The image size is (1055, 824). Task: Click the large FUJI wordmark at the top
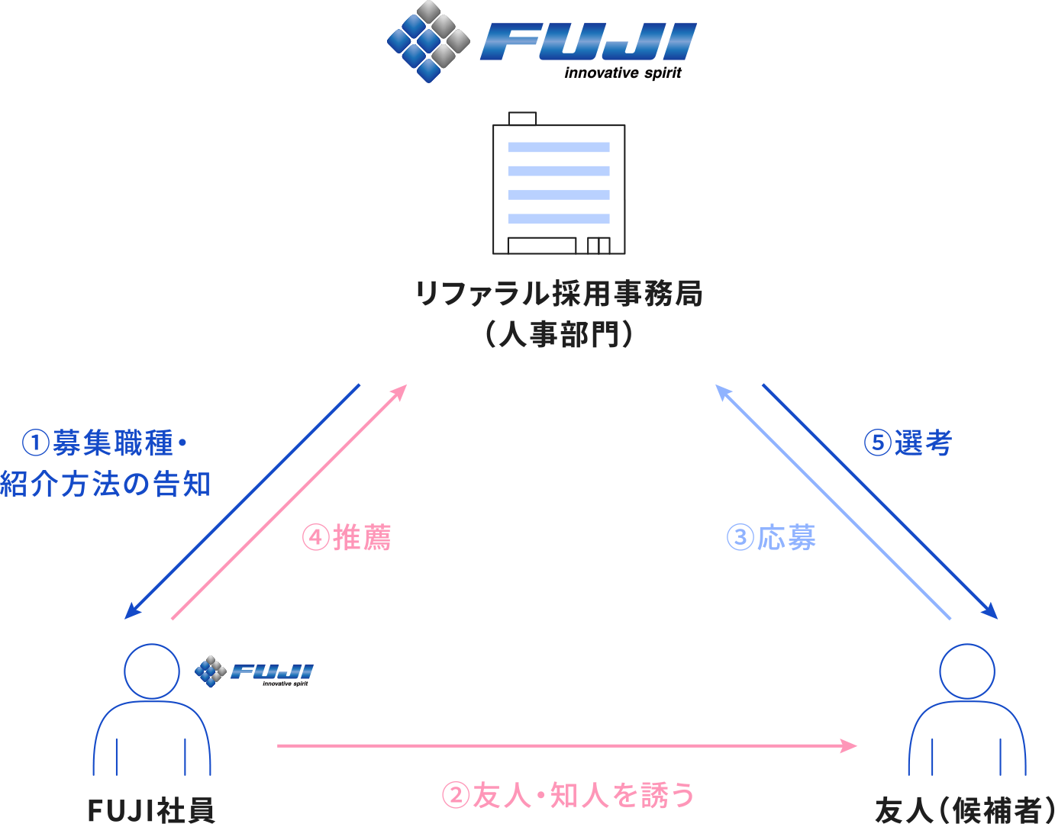[x=588, y=42]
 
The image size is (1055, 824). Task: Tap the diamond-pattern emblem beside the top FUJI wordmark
[x=428, y=41]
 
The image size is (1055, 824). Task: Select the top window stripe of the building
[x=559, y=147]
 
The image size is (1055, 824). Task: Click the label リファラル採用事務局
[x=559, y=294]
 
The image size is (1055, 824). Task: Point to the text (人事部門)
[x=559, y=334]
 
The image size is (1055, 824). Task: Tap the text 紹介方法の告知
[x=105, y=484]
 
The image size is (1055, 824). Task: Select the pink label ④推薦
[x=347, y=538]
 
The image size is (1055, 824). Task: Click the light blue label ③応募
[x=770, y=538]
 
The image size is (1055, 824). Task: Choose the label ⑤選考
[x=908, y=443]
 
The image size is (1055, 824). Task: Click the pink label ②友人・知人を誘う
[x=569, y=796]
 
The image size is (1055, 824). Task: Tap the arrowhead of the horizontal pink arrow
[x=850, y=745]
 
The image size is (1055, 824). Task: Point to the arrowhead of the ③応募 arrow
[x=722, y=391]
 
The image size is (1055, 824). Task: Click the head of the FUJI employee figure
[x=152, y=671]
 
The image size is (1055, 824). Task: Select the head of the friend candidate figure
[x=967, y=671]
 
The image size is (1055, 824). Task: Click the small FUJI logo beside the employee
[x=254, y=671]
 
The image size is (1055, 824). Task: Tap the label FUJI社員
[x=151, y=810]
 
